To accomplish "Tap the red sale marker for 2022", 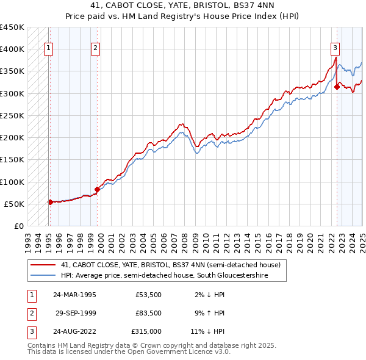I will coord(337,87).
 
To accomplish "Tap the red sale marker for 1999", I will coord(97,189).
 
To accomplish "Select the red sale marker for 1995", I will coord(50,202).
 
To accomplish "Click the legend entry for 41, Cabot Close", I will coord(170,265).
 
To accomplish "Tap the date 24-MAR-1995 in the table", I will coord(74,295).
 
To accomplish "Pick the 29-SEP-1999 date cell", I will coord(76,313).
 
